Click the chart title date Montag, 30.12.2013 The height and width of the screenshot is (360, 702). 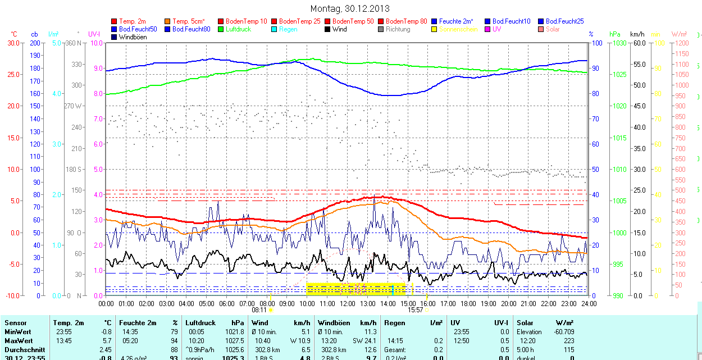tap(349, 9)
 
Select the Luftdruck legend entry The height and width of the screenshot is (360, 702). tap(235, 29)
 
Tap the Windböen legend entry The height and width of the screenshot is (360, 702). tap(133, 37)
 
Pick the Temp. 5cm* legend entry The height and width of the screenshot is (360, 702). tap(189, 21)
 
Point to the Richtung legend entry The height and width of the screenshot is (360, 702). tap(398, 29)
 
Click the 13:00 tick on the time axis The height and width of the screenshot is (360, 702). tap(367, 303)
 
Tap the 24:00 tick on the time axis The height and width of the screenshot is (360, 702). tap(588, 303)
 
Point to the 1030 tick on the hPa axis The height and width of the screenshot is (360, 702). tap(619, 43)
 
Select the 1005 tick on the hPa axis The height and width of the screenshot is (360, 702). tap(619, 200)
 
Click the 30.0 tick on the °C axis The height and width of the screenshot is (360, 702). tap(13, 43)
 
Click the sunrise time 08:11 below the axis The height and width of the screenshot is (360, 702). tap(259, 309)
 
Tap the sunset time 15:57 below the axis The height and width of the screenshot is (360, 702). tap(415, 309)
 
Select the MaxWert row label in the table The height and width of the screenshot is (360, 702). tap(18, 341)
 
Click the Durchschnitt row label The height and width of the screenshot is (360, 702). tap(24, 349)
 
